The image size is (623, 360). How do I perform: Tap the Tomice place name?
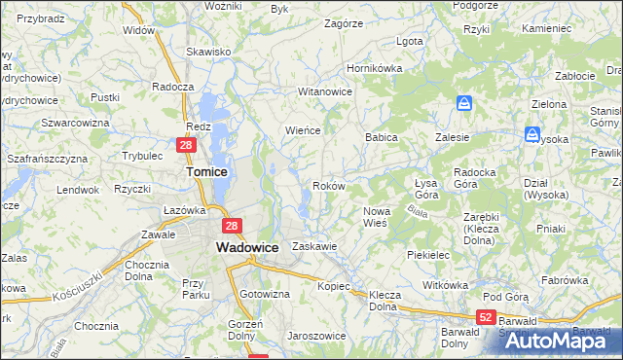pyautogui.click(x=206, y=171)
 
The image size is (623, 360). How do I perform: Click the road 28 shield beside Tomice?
pyautogui.click(x=187, y=146)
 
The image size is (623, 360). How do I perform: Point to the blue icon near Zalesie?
pyautogui.click(x=465, y=104)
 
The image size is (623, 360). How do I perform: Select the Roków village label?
pyautogui.click(x=328, y=186)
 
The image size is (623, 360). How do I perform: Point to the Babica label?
pyautogui.click(x=382, y=138)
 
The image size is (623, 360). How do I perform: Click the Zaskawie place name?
pyautogui.click(x=314, y=247)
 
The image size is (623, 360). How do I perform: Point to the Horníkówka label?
pyautogui.click(x=376, y=69)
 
